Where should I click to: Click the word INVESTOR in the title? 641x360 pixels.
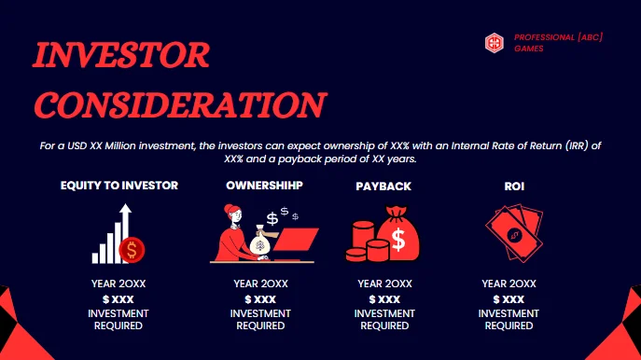122,56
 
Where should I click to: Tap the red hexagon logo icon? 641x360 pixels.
495,42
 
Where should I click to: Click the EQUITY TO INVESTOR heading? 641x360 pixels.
118,186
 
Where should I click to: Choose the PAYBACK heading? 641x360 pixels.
383,187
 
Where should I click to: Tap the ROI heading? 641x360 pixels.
508,187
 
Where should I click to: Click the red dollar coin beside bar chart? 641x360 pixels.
133,249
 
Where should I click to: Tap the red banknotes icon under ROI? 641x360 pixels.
509,233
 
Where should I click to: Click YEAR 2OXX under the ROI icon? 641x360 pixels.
509,284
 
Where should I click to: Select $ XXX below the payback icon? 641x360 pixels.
383,298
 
